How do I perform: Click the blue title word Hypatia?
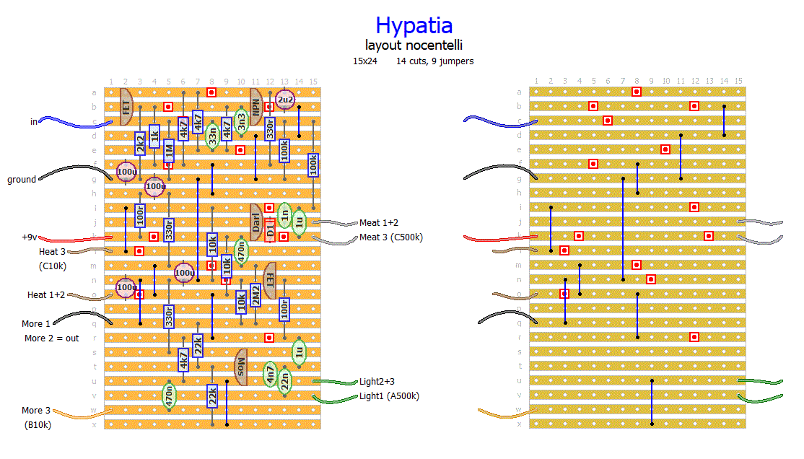point(414,26)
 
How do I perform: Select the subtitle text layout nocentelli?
point(414,45)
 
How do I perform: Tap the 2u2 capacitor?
point(285,100)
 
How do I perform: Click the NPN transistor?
point(255,107)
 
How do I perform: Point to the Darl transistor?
point(255,222)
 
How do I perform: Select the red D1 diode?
point(271,230)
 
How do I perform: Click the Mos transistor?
point(241,367)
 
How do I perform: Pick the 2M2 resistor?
point(255,294)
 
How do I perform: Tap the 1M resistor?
point(169,151)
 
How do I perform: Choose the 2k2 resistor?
point(140,143)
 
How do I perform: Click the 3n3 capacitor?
point(241,121)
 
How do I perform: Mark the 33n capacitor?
point(212,136)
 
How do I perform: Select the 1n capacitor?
point(285,214)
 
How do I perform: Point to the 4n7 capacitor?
point(271,374)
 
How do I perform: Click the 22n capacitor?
point(285,380)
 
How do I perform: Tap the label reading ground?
point(22,179)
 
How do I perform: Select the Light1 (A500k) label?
point(389,395)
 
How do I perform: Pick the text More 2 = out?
point(52,338)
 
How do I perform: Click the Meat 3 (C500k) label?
point(390,237)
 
